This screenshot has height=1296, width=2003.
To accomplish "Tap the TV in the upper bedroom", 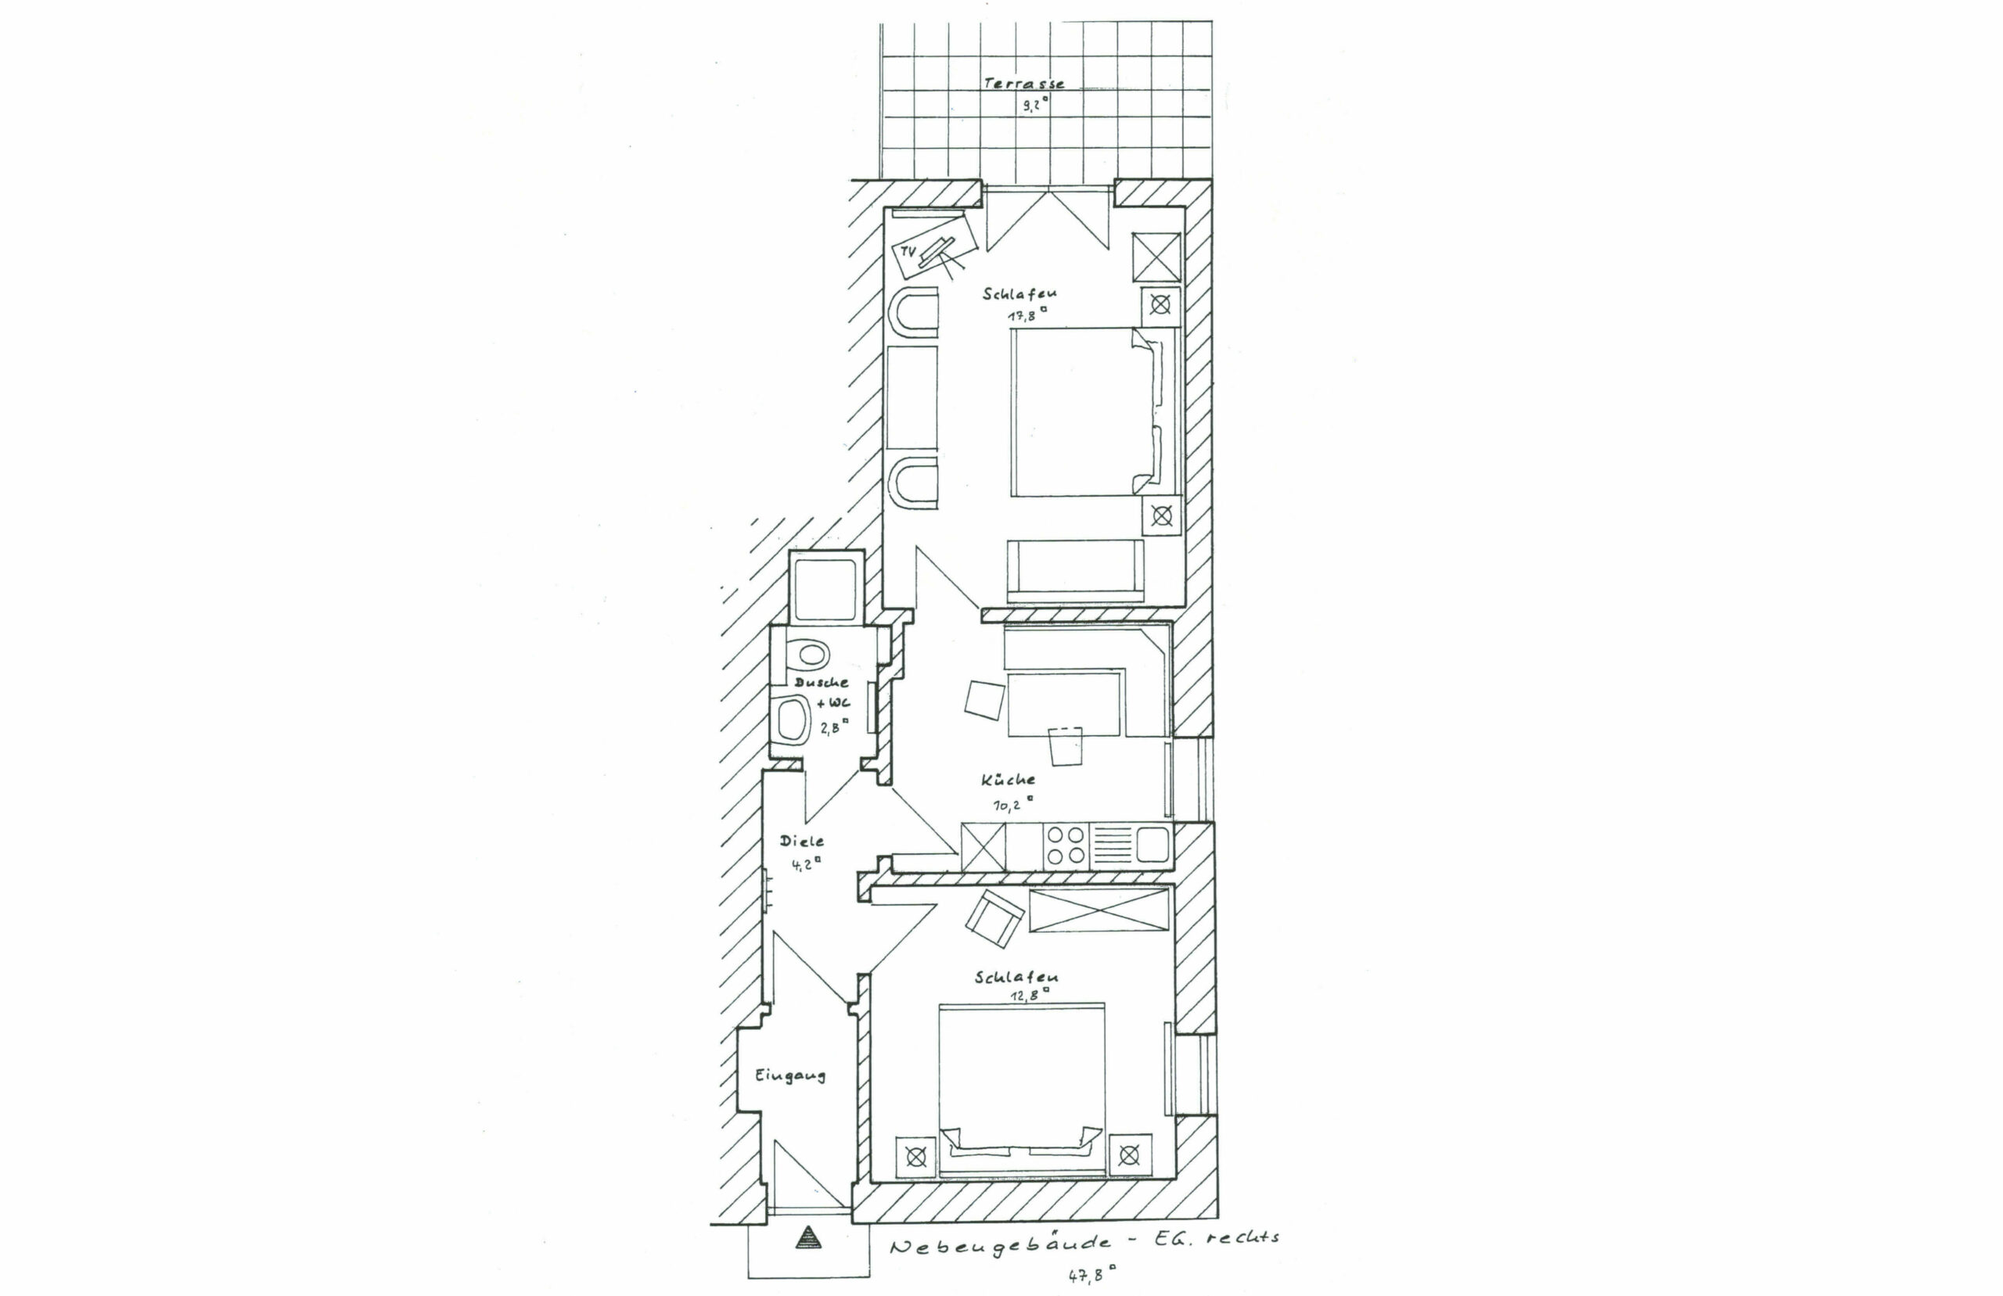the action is pyautogui.click(x=934, y=253).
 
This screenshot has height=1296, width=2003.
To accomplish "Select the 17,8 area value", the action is pyautogui.click(x=1027, y=315).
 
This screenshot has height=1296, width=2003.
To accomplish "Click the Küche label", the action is pyautogui.click(x=1008, y=779).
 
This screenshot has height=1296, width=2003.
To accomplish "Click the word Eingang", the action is pyautogui.click(x=790, y=1075).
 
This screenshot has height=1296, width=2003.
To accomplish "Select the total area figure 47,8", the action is pyautogui.click(x=1091, y=1274).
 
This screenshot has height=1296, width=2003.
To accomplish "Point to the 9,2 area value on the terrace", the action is pyautogui.click(x=1035, y=105).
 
